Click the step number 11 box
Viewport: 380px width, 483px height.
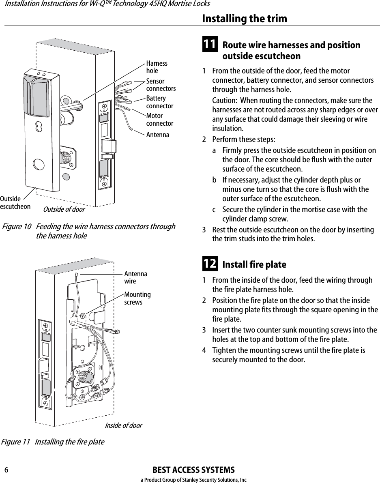pyautogui.click(x=209, y=45)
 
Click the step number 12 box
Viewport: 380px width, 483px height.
pyautogui.click(x=209, y=264)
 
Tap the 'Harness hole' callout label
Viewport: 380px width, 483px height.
pyautogui.click(x=157, y=67)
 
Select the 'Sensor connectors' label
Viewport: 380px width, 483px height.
pyautogui.click(x=161, y=85)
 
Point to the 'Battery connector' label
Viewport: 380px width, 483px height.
pyautogui.click(x=159, y=102)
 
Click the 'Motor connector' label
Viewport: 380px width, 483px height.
pyautogui.click(x=159, y=120)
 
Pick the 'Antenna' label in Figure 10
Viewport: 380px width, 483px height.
pyautogui.click(x=158, y=135)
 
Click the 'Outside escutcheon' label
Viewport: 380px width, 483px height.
pyautogui.click(x=15, y=203)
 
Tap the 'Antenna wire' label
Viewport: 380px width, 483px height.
pyautogui.click(x=135, y=277)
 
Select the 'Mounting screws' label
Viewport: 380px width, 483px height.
pyautogui.click(x=137, y=298)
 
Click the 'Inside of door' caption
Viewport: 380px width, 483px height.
pyautogui.click(x=123, y=425)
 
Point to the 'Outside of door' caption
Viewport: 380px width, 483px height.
pyautogui.click(x=64, y=209)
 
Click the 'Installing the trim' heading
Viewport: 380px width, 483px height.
pyautogui.click(x=244, y=19)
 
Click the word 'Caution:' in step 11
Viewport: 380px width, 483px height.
pyautogui.click(x=225, y=101)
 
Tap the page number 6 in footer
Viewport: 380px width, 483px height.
pyautogui.click(x=6, y=470)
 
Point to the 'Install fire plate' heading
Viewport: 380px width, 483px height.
pyautogui.click(x=254, y=264)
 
